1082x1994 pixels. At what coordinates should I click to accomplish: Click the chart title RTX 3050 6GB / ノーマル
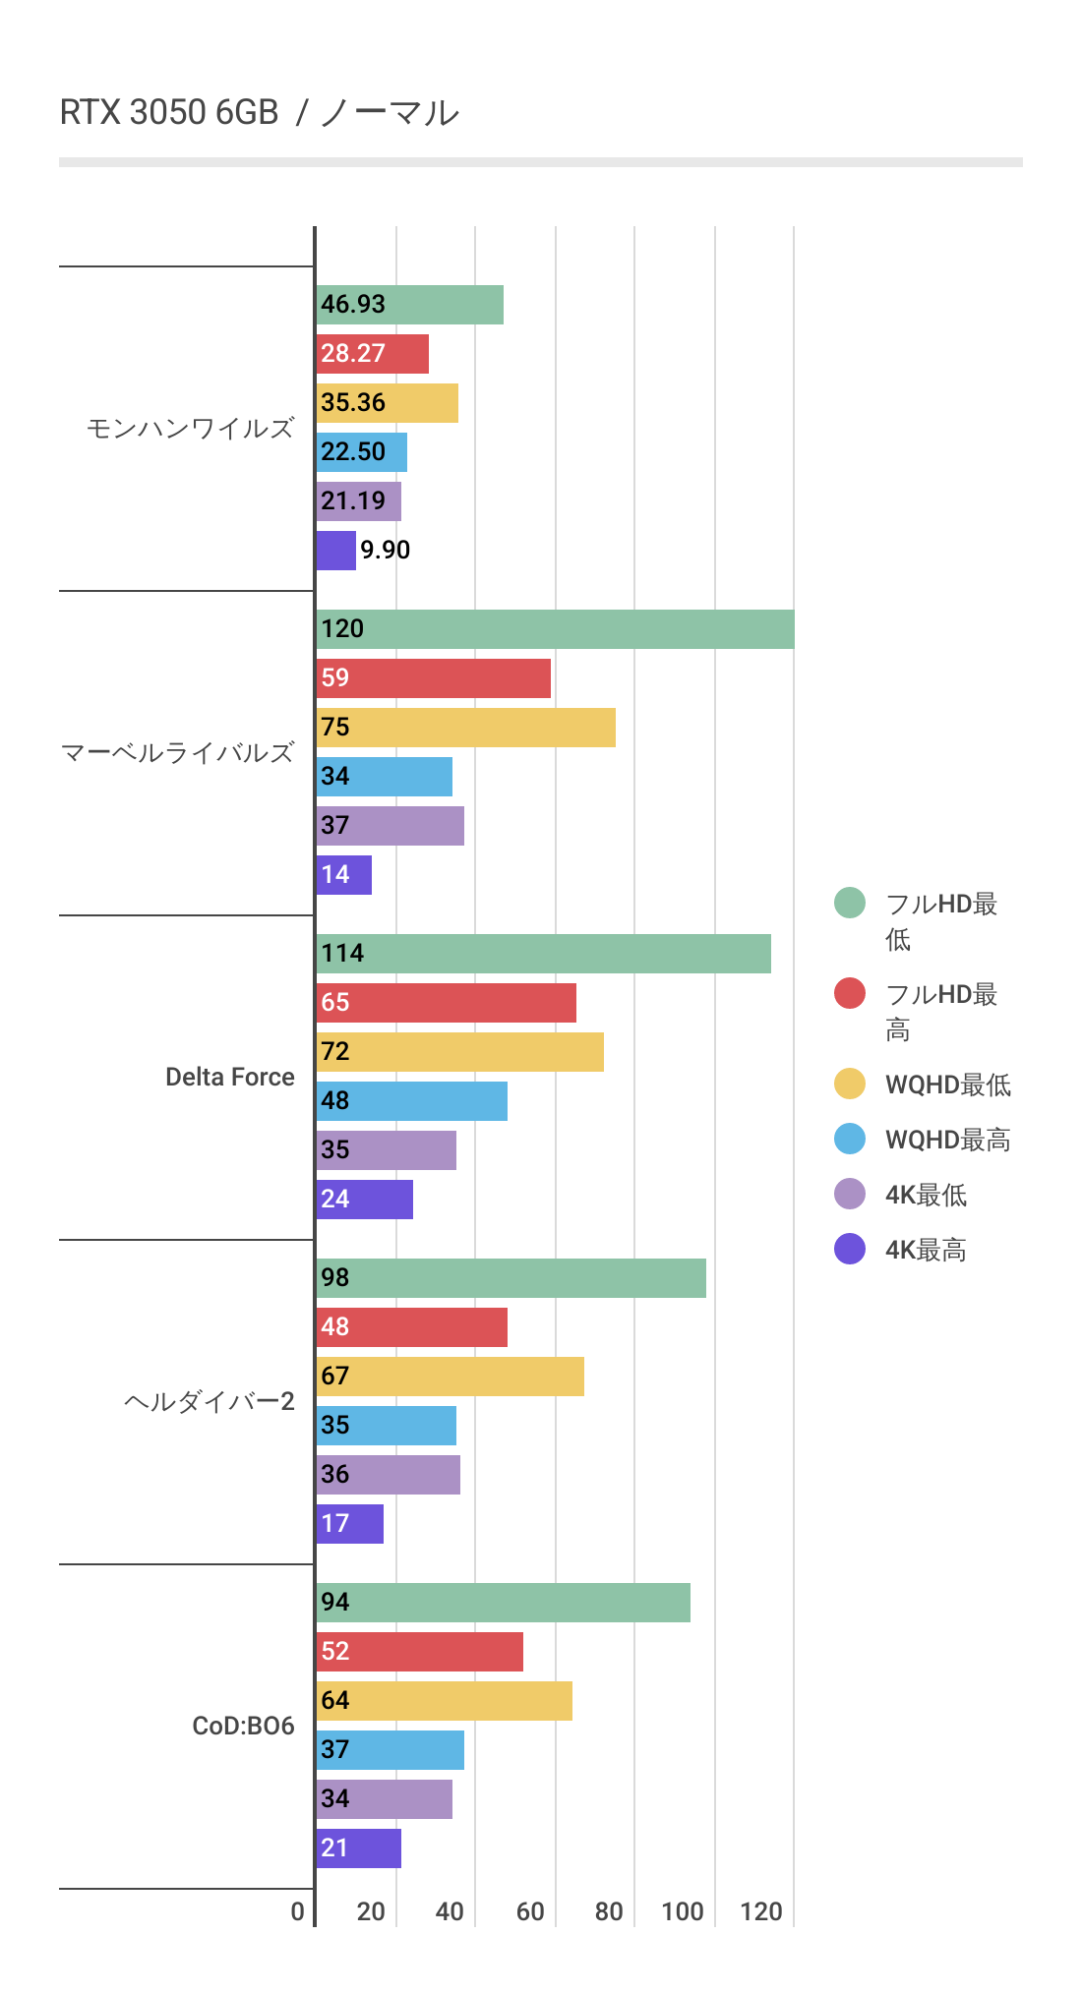click(x=260, y=113)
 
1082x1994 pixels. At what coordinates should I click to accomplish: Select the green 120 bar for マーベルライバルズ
click(x=555, y=629)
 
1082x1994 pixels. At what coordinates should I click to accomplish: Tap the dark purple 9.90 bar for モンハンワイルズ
click(x=335, y=551)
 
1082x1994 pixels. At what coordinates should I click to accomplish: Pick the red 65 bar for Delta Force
click(x=446, y=1003)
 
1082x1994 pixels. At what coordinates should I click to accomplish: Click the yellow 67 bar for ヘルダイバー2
click(x=450, y=1377)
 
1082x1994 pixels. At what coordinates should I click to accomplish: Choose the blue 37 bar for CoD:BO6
click(x=390, y=1750)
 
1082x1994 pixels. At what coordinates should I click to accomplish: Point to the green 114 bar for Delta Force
click(x=543, y=954)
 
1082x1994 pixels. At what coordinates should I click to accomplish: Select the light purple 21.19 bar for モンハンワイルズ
click(x=358, y=501)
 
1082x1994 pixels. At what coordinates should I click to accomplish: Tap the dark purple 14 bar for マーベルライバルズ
click(x=343, y=875)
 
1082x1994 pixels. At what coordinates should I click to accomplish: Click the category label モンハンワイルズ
click(x=190, y=429)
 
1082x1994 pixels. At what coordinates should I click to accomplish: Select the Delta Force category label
click(x=229, y=1078)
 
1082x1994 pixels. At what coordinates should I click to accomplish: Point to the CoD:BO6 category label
click(x=243, y=1727)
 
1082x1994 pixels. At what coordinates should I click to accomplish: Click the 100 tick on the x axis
click(x=683, y=1911)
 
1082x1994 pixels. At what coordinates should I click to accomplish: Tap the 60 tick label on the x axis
click(x=530, y=1911)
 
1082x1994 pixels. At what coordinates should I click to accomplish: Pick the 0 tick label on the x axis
click(x=297, y=1911)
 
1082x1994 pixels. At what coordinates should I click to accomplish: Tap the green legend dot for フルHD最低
click(x=850, y=903)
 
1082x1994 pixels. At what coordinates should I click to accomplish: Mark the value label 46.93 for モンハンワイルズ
click(x=353, y=305)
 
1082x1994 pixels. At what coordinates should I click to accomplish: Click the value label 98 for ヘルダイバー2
click(x=335, y=1278)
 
